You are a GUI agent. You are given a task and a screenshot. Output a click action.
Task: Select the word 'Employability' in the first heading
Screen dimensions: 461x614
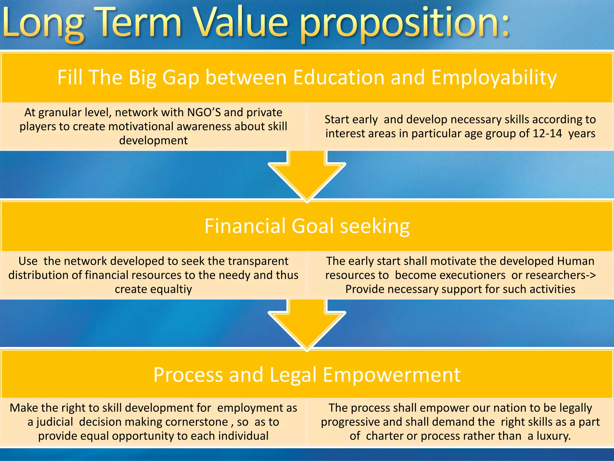coord(494,78)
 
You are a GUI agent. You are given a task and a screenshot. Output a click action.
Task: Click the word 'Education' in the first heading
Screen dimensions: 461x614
coord(338,77)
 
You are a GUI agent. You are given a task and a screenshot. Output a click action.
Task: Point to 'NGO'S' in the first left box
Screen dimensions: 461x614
coord(204,112)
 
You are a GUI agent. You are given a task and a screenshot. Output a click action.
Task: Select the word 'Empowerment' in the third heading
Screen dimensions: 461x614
coord(392,375)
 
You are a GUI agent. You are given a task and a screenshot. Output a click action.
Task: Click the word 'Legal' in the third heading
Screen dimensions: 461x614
coord(293,375)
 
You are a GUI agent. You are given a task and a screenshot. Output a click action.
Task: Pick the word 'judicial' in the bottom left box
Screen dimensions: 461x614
coord(55,422)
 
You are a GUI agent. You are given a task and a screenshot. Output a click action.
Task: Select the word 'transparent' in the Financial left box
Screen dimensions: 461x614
coord(255,261)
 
